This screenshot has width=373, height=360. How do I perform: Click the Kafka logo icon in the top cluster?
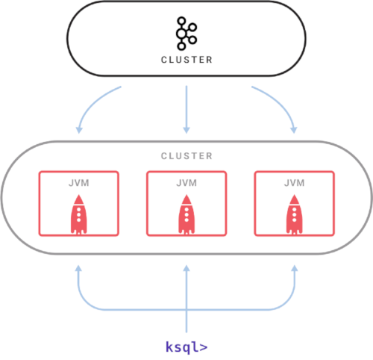[x=186, y=34]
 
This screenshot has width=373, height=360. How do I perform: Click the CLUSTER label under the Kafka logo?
[x=186, y=60]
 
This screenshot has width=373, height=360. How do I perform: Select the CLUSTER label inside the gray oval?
[x=186, y=156]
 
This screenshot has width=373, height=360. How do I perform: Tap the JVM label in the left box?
[x=79, y=183]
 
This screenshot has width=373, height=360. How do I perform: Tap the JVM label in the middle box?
[x=186, y=183]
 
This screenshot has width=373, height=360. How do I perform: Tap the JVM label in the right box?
[x=295, y=183]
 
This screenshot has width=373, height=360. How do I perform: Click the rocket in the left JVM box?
[x=79, y=214]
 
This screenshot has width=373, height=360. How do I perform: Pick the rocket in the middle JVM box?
[x=186, y=214]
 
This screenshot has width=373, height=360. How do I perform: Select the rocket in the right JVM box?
[x=295, y=214]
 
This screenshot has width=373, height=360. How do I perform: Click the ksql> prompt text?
[x=186, y=347]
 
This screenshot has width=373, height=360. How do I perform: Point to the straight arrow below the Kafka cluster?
[x=186, y=110]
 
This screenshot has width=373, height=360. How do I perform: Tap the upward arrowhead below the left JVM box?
[x=79, y=268]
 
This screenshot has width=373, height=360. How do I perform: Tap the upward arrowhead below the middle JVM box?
[x=186, y=268]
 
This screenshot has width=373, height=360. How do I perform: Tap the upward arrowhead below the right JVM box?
[x=295, y=268]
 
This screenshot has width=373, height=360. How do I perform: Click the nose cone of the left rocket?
[x=79, y=199]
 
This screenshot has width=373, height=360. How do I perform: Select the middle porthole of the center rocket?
[x=186, y=214]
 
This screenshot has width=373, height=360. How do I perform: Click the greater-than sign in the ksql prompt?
[x=204, y=347]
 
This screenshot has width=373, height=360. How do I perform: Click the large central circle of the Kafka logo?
[x=181, y=34]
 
